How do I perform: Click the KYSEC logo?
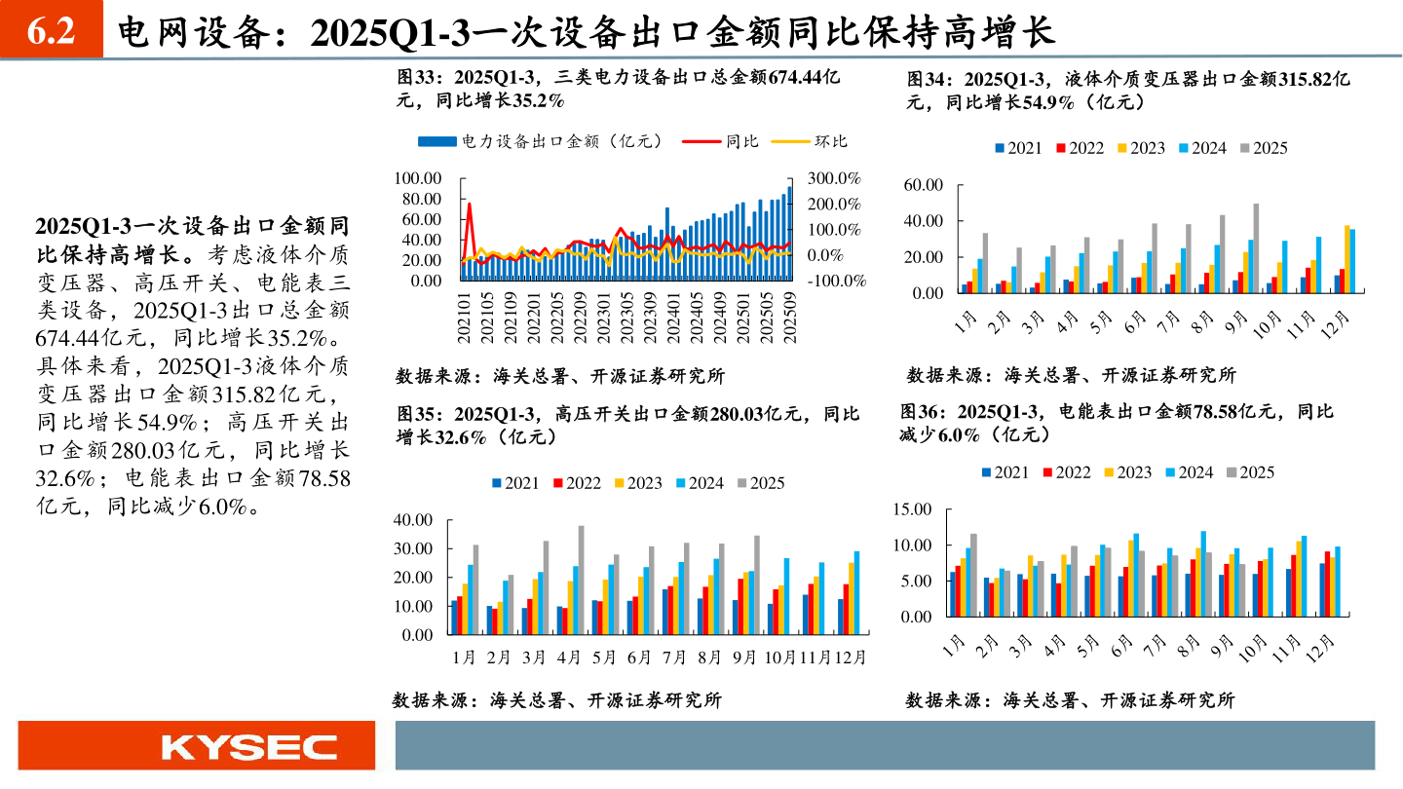[x=248, y=747]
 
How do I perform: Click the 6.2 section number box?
[x=52, y=32]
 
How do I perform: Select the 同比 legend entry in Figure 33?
[x=722, y=141]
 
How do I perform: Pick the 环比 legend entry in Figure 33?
[x=810, y=141]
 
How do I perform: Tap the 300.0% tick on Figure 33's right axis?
[x=835, y=178]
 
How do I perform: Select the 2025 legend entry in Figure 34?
[x=1263, y=148]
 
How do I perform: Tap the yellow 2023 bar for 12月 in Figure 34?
[x=1347, y=259]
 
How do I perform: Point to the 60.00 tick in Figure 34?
[x=924, y=184]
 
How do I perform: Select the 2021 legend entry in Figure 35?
[x=516, y=483]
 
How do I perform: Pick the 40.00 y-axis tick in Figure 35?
[x=412, y=520]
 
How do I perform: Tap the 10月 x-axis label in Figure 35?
[x=780, y=657]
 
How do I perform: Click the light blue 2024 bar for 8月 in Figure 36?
[x=1204, y=574]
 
